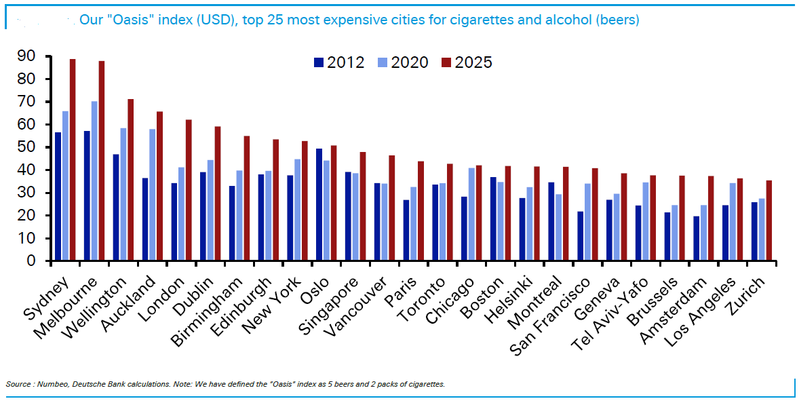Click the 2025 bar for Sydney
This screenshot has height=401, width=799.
pos(73,160)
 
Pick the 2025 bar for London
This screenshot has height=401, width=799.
pos(189,190)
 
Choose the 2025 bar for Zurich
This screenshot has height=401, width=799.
pos(768,221)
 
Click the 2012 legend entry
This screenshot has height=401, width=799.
pos(339,62)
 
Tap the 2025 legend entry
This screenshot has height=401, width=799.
pos(467,62)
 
